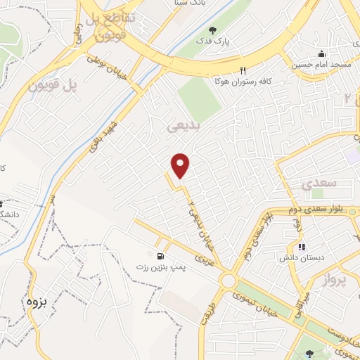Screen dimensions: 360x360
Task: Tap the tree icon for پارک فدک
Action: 213,30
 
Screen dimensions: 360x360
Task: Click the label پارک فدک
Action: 232,41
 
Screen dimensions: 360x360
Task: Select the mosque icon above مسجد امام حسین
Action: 322,54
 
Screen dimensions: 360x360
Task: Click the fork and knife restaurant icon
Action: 243,70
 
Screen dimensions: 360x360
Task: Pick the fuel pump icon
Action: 162,255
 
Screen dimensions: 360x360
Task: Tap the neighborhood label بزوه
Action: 41,302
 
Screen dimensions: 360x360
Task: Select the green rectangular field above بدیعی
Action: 200,99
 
